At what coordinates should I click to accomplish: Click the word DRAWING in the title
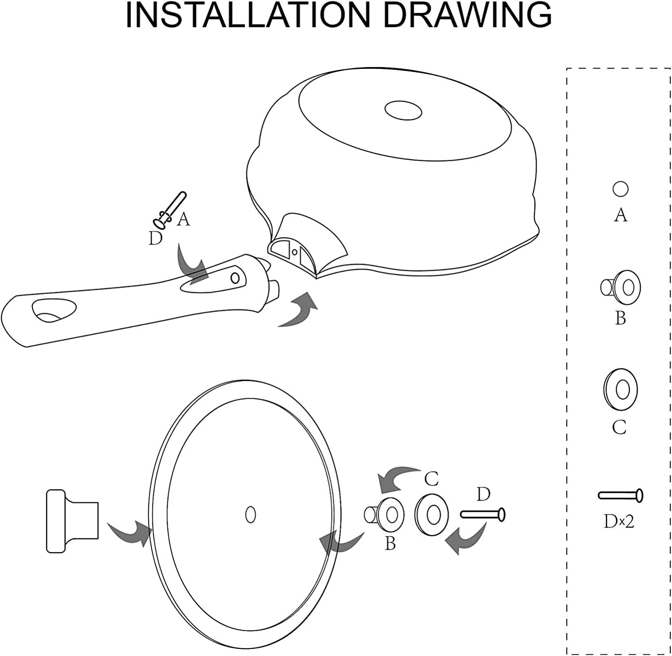pyautogui.click(x=468, y=15)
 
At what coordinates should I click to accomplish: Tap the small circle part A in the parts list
pyautogui.click(x=620, y=189)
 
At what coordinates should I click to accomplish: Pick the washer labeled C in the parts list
pyautogui.click(x=620, y=389)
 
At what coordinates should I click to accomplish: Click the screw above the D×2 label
pyautogui.click(x=620, y=495)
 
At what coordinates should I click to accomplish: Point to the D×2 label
pyautogui.click(x=619, y=521)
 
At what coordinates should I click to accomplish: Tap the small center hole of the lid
pyautogui.click(x=251, y=514)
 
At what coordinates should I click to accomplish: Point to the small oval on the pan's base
pyautogui.click(x=403, y=110)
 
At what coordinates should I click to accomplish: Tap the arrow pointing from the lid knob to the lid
pyautogui.click(x=130, y=532)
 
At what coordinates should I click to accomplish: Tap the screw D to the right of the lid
pyautogui.click(x=483, y=515)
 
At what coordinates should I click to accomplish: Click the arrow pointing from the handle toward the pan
pyautogui.click(x=298, y=309)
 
